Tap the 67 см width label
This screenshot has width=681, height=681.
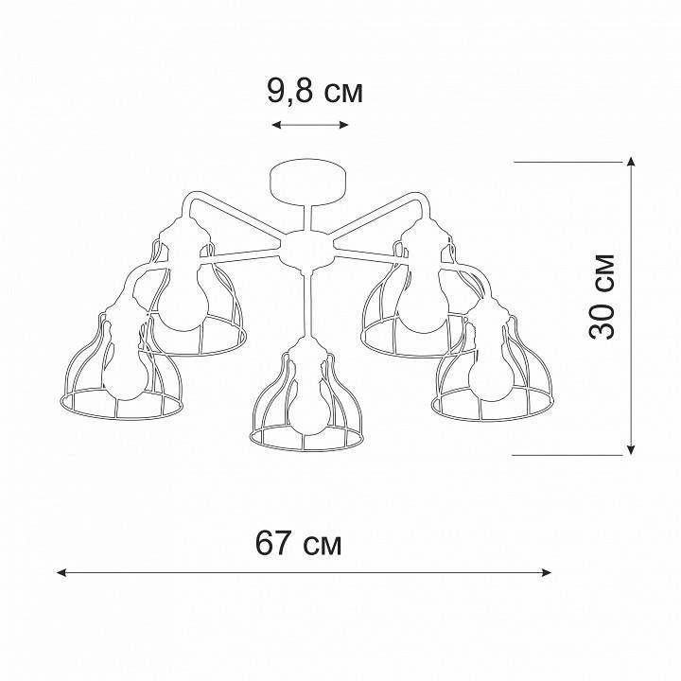click(x=299, y=544)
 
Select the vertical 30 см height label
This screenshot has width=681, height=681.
click(x=602, y=296)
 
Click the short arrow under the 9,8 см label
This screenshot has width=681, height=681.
click(x=310, y=125)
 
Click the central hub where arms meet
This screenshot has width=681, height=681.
click(x=305, y=250)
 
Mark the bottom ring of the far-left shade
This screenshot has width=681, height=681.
click(x=120, y=408)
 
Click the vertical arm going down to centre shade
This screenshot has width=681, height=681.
click(x=305, y=303)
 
